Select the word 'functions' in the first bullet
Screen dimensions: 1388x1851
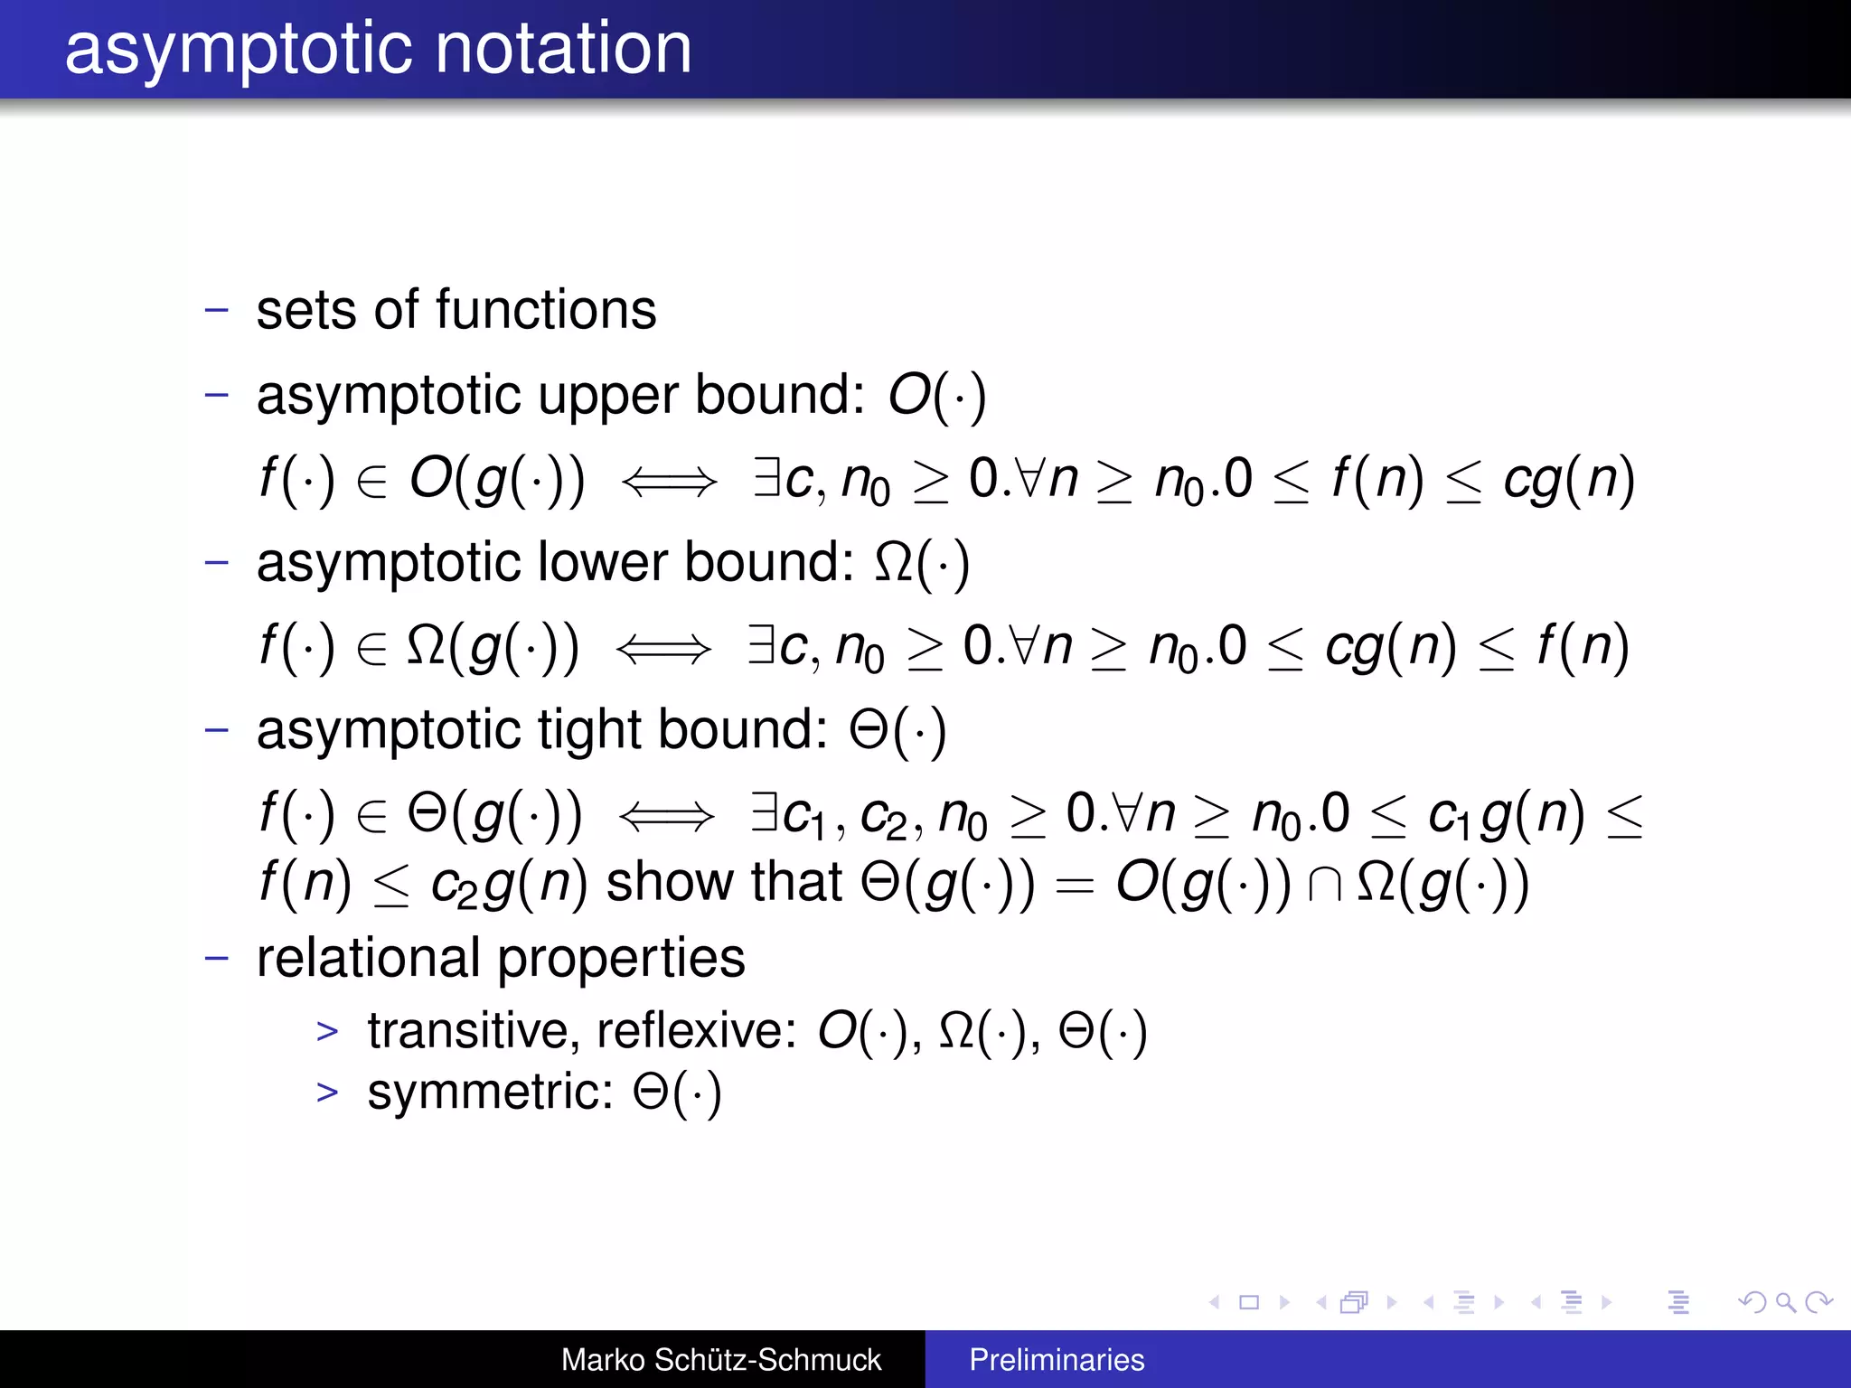[x=546, y=310]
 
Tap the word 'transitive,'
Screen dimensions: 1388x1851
[x=474, y=1030]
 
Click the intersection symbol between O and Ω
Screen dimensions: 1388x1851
[x=1324, y=885]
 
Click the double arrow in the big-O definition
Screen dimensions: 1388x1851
[x=669, y=481]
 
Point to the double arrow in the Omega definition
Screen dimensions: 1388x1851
[x=663, y=648]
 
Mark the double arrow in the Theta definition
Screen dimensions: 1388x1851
[x=666, y=816]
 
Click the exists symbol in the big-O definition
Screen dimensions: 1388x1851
[x=767, y=477]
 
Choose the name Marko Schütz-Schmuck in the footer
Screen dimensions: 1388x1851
[x=720, y=1360]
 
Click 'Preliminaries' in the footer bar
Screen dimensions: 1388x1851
[x=1057, y=1360]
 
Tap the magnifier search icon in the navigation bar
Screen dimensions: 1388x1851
[x=1785, y=1302]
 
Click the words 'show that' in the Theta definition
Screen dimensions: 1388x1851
[x=724, y=883]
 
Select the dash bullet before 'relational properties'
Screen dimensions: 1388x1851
[x=217, y=958]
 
